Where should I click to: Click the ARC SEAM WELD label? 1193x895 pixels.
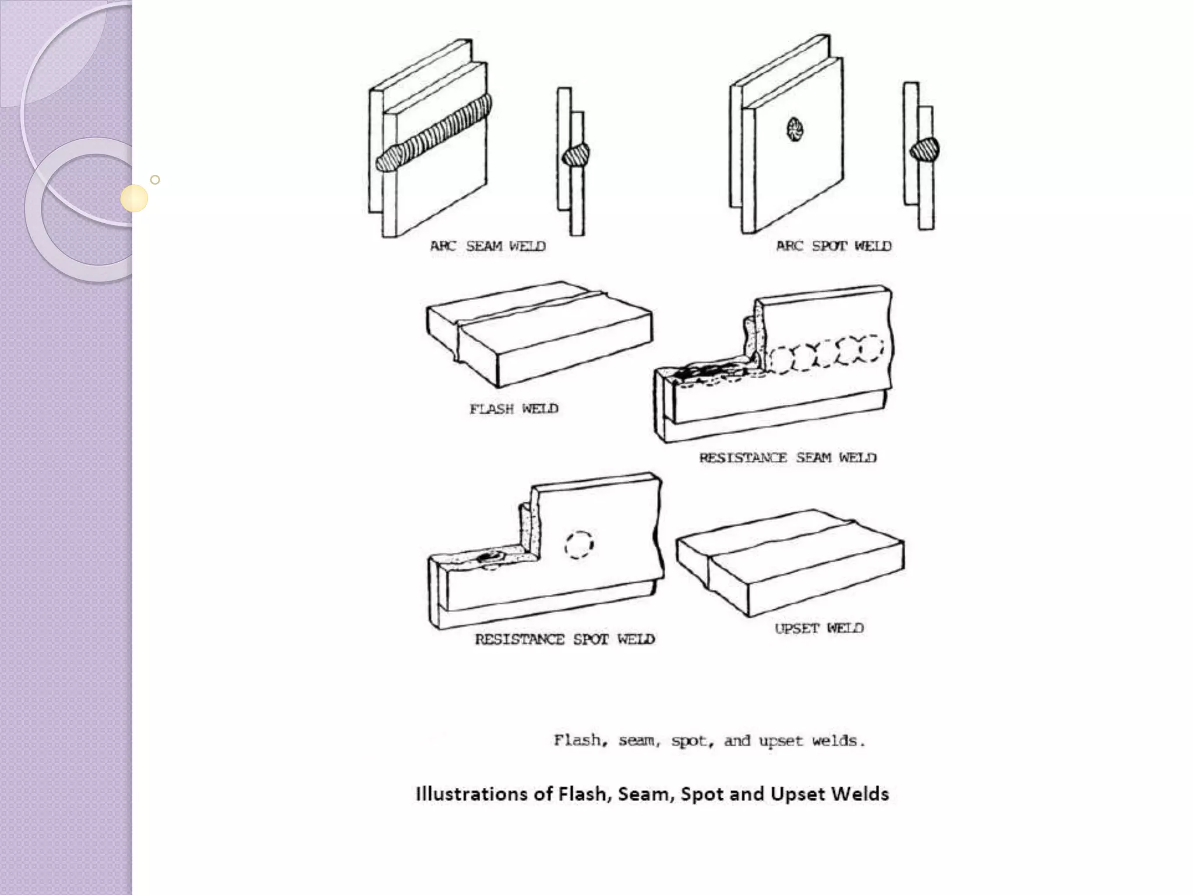coord(488,246)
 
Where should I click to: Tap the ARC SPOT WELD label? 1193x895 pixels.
coord(834,246)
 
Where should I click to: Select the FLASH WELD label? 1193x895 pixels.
coord(514,408)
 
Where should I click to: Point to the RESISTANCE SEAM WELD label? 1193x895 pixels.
coord(788,457)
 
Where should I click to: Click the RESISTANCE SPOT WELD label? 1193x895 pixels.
coord(564,639)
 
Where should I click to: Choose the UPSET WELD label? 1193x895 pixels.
coord(819,628)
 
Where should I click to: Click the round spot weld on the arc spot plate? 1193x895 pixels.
coord(795,130)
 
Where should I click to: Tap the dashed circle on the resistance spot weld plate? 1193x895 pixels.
coord(579,545)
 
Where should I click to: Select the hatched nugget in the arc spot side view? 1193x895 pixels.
coord(924,150)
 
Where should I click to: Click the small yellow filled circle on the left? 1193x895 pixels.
coord(135,198)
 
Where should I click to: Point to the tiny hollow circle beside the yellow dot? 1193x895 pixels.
coord(155,179)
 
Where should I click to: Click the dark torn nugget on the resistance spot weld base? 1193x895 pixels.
coord(490,557)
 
